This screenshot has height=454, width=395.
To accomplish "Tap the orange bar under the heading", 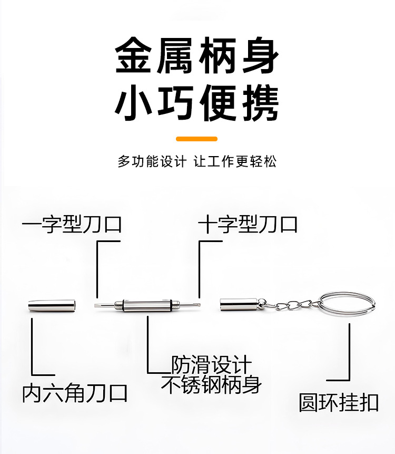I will tap(196, 139).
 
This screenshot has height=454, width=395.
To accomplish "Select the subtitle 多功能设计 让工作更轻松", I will tap(197, 161).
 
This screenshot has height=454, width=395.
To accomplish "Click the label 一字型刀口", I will tap(72, 225).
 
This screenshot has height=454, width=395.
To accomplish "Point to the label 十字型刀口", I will tap(248, 225).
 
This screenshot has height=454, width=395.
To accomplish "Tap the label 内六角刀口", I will tap(75, 393).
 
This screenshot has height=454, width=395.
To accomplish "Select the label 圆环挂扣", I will tap(339, 402).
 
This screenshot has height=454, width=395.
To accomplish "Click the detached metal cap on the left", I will tap(51, 306).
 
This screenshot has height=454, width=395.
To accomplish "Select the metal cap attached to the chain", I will tap(238, 305).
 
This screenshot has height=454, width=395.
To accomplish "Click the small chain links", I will tap(287, 304).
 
